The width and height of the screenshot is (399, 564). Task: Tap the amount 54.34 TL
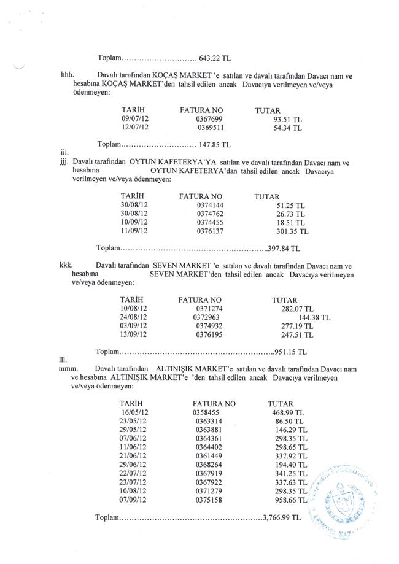287,129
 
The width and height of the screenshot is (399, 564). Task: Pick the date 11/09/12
134,232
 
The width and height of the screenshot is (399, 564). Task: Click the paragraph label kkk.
66,267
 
